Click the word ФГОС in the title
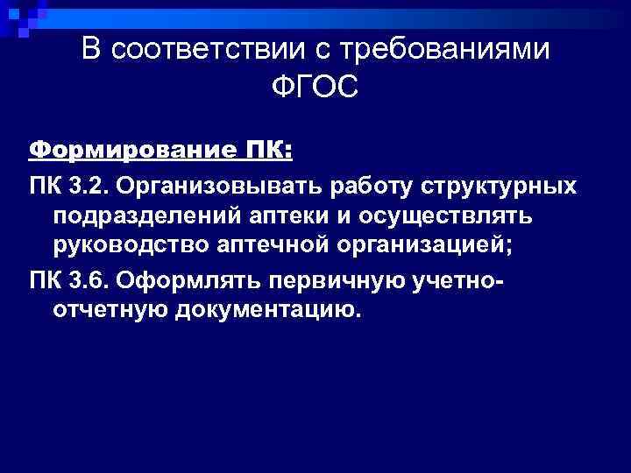tap(316, 88)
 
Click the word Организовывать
tap(230, 187)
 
